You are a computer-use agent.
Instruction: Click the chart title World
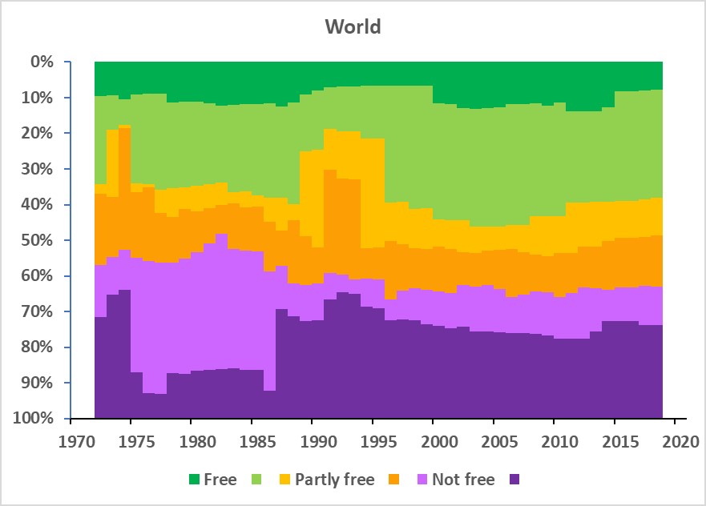(353, 26)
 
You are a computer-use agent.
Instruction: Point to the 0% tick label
(42, 62)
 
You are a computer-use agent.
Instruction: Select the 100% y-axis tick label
(35, 419)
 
